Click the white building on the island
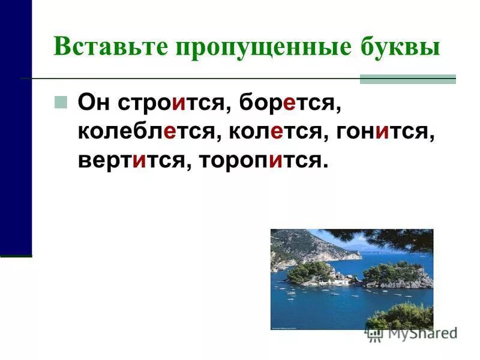(329, 280)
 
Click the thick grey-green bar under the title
(407, 79)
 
